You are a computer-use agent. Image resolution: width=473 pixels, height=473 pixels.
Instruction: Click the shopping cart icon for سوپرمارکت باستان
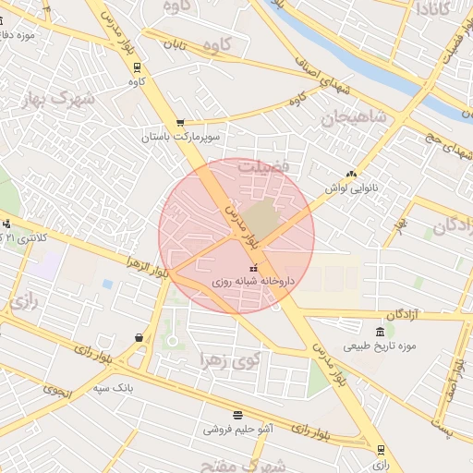(x=179, y=122)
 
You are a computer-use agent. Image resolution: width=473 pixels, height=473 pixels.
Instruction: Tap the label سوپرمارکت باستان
(x=179, y=137)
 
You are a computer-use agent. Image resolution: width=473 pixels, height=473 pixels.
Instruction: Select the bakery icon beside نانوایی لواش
(x=350, y=173)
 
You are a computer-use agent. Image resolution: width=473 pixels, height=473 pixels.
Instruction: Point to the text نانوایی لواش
(x=351, y=187)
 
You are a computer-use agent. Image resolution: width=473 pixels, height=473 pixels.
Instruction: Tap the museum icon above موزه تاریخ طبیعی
(x=380, y=333)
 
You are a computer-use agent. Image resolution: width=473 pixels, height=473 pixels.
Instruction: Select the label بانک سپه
(x=114, y=387)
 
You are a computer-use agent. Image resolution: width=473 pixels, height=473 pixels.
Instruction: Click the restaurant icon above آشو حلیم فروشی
(x=237, y=415)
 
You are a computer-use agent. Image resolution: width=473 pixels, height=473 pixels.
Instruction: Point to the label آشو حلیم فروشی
(x=238, y=429)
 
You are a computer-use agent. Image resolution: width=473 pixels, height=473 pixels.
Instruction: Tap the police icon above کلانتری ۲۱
(x=7, y=224)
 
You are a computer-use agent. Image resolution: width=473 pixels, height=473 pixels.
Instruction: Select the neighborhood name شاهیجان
(x=352, y=118)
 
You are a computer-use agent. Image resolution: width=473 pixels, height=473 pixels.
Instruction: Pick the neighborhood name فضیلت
(x=265, y=167)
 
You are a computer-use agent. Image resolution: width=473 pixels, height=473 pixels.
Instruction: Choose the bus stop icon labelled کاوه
(x=137, y=67)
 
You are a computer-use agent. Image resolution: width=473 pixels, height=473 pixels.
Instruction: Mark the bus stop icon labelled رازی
(x=381, y=450)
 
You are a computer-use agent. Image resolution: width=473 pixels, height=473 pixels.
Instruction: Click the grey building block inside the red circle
(x=264, y=218)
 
